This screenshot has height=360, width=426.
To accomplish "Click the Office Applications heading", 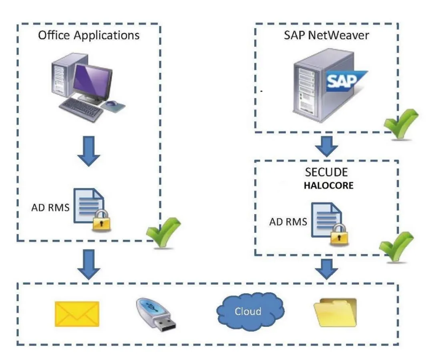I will coord(88,35).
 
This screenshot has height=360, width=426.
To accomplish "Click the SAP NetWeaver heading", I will coord(326,35).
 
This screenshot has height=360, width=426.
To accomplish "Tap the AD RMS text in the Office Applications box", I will coord(50,208).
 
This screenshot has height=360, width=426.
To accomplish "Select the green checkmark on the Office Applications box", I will coord(163,232).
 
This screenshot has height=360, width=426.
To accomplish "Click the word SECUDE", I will coord(326,173).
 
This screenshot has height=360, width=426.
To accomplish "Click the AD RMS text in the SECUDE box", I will coord(288,222).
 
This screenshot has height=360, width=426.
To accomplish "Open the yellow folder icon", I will coord(335,312).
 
